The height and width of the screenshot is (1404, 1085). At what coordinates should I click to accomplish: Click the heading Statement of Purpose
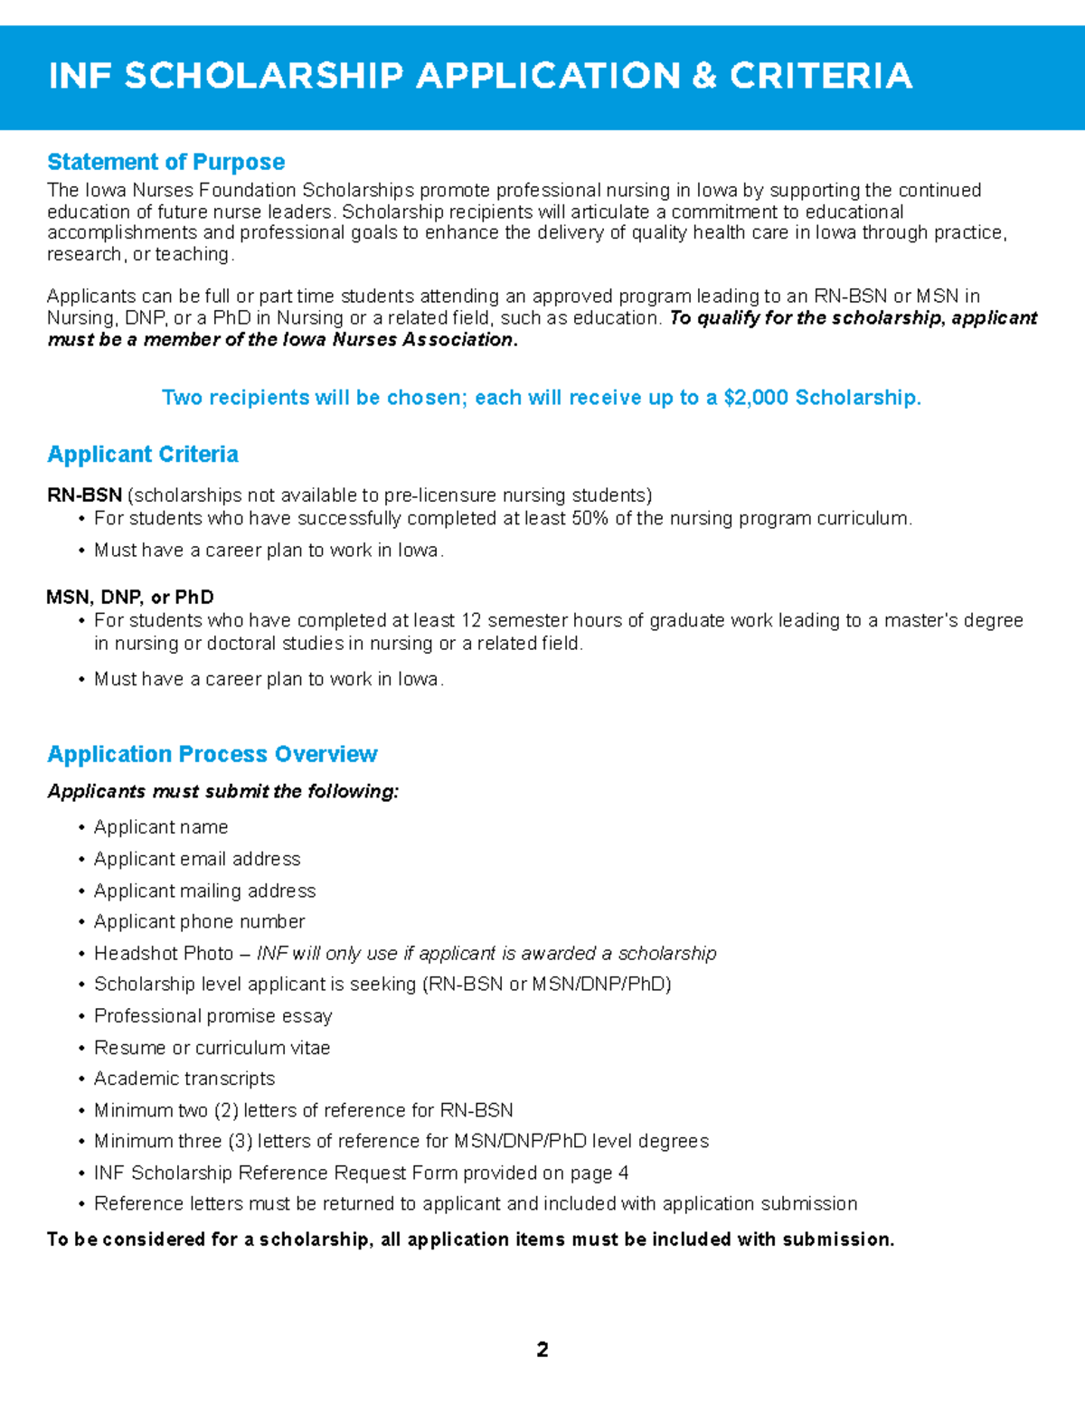coord(165,162)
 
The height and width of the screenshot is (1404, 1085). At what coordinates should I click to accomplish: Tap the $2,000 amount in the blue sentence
coord(756,398)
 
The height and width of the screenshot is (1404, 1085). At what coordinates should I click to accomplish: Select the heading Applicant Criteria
coord(143,454)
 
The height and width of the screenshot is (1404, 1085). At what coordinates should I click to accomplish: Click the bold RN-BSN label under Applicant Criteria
coord(84,495)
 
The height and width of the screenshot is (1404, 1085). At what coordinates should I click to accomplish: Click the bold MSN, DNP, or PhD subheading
coord(130,598)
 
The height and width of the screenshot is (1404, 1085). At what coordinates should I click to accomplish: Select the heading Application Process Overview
coord(212,754)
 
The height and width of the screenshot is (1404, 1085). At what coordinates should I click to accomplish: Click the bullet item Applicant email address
coord(197,859)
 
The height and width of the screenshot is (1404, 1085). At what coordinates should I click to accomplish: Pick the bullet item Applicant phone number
coord(199,921)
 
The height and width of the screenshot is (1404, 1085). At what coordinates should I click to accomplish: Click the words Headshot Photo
coord(164,953)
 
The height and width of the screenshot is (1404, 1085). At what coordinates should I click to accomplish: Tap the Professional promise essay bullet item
coord(212,1016)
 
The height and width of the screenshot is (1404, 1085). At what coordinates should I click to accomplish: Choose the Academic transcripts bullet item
coord(184,1079)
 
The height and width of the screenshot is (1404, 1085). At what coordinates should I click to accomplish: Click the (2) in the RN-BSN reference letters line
coord(226,1110)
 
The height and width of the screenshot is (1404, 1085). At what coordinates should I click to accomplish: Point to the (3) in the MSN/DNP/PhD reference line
coord(240,1141)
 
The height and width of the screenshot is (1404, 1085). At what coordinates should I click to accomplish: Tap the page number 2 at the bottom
coord(542,1350)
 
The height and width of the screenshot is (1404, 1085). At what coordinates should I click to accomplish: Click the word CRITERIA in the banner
coord(821,76)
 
